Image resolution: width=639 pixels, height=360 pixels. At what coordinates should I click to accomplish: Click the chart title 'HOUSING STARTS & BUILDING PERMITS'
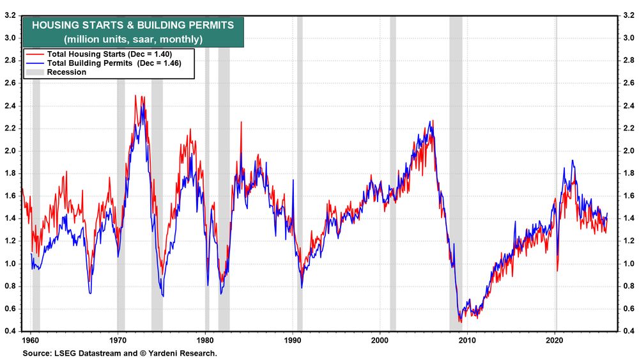pos(133,25)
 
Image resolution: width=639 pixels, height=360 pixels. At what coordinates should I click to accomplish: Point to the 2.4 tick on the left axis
pos(11,106)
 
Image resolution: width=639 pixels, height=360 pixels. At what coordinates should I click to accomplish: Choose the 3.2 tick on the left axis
pos(11,15)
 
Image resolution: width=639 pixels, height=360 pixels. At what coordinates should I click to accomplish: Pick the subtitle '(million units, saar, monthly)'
pos(133,39)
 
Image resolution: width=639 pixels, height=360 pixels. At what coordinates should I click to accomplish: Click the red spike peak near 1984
pos(241,122)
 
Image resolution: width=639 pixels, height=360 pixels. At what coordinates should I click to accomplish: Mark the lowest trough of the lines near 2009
pos(460,322)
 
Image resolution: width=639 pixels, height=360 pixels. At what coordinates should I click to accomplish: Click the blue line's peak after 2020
pos(572,160)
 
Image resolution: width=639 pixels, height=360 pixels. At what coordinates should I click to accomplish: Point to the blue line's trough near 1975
pos(163,296)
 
